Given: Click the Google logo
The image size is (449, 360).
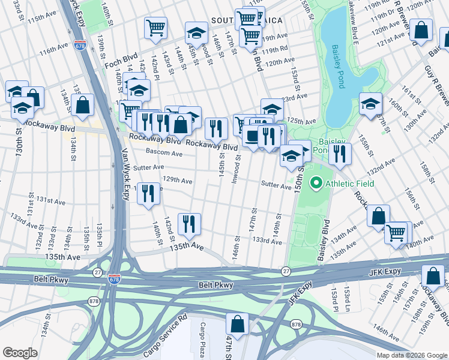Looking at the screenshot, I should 20,353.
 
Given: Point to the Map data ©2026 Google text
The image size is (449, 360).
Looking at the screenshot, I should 412,355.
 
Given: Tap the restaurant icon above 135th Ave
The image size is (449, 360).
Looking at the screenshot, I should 189,224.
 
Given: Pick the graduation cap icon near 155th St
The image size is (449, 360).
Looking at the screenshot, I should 370,103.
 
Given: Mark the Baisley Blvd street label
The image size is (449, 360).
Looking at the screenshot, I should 325,235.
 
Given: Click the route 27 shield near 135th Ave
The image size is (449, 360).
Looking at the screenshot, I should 97,272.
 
